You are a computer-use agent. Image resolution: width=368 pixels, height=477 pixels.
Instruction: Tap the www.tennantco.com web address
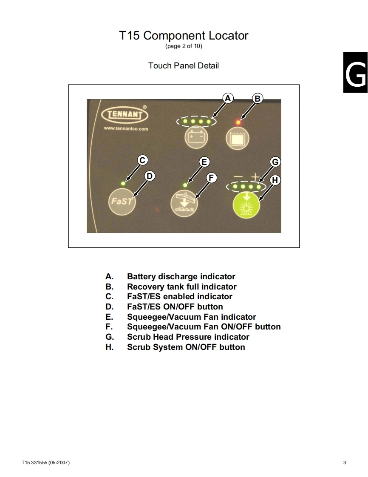126,129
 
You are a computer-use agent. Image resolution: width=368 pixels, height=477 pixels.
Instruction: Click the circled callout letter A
228,99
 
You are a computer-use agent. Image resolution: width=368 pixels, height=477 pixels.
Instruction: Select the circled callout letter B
257,99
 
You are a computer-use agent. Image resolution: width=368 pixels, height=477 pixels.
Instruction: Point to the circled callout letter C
143,160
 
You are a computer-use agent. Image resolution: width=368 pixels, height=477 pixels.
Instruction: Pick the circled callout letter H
275,180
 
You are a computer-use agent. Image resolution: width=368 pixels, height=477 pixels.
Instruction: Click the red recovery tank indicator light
238,122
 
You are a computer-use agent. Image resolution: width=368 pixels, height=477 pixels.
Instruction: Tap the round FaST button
122,201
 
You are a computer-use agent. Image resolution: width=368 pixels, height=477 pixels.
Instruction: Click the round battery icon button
196,138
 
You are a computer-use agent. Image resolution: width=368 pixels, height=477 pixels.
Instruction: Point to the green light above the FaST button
123,183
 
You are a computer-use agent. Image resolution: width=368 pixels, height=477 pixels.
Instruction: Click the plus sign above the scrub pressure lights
255,176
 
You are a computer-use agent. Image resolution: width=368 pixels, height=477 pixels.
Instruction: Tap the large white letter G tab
356,73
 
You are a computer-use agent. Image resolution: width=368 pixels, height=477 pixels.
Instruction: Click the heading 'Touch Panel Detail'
184,65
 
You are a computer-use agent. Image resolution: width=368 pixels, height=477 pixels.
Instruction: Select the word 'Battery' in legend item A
141,277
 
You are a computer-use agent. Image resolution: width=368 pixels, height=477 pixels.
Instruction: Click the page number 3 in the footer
345,463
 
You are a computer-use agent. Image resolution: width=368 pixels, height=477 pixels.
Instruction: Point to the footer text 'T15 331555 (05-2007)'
46,463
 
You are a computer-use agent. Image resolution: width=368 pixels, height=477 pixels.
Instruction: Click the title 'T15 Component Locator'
184,36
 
